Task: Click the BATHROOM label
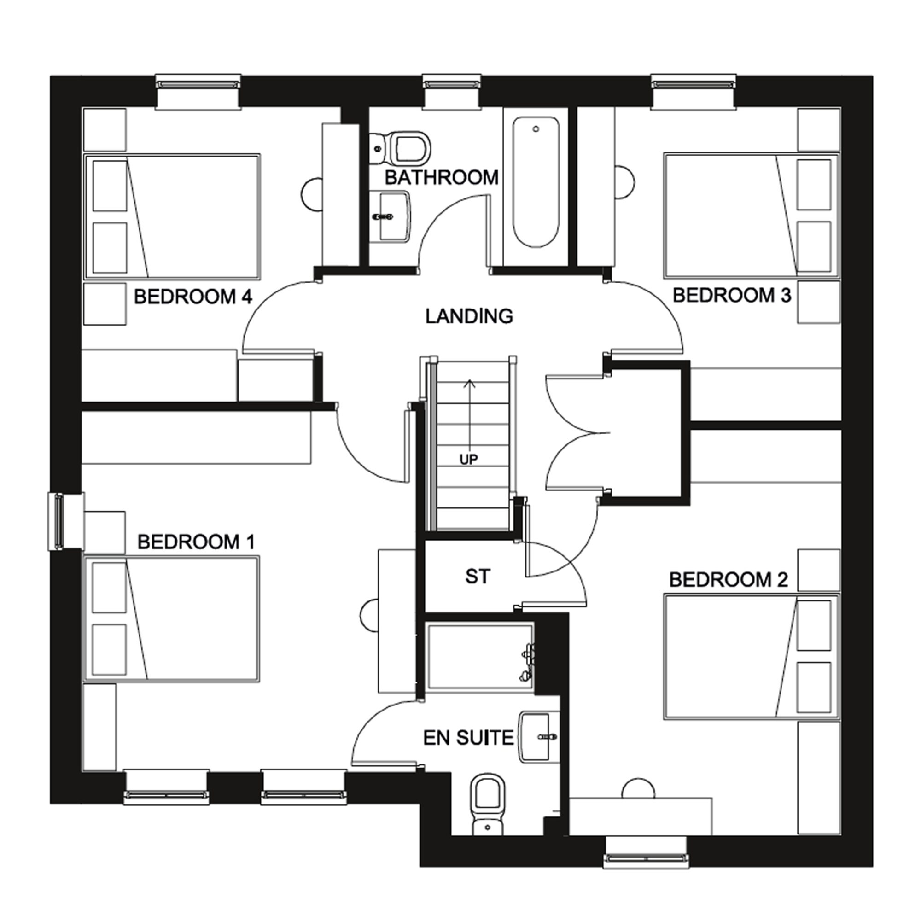[x=442, y=177]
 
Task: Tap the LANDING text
[x=469, y=316]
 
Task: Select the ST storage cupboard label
[x=477, y=577]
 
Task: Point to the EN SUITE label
[x=468, y=737]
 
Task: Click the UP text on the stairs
[x=468, y=460]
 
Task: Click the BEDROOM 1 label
[x=196, y=542]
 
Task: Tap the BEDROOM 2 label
[x=729, y=580]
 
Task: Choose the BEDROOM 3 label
[x=732, y=296]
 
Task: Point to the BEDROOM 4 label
[x=192, y=297]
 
